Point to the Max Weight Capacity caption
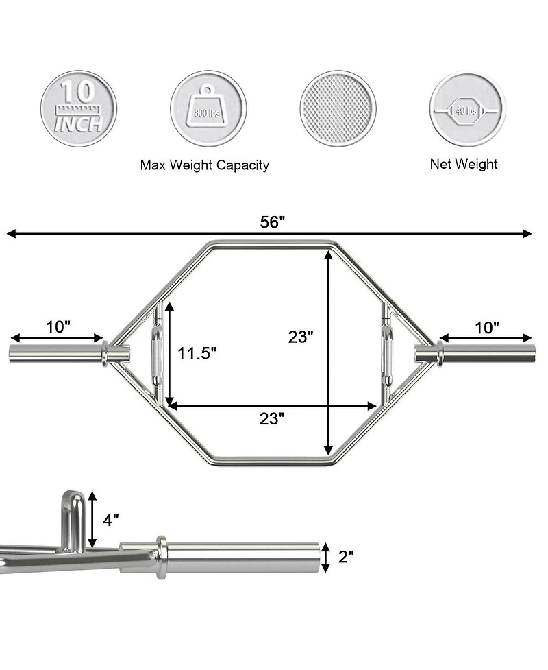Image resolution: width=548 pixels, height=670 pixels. pos(204,165)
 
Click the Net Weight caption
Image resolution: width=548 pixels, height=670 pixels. pos(464,164)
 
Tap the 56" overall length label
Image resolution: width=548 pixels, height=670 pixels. pos(272,222)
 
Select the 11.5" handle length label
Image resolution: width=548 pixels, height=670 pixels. pos(197,354)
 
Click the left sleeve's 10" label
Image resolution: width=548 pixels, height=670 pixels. pos(58,327)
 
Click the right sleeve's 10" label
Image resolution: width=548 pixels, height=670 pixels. pos(486,327)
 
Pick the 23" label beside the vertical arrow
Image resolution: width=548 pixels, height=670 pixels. pos(301,337)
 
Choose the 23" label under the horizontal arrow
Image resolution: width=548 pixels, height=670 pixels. pos(272,420)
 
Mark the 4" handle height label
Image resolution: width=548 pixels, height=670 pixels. pos(110,520)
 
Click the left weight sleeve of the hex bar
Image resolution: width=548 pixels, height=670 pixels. pos(55,354)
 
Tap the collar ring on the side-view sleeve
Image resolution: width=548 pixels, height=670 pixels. pos(161,555)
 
